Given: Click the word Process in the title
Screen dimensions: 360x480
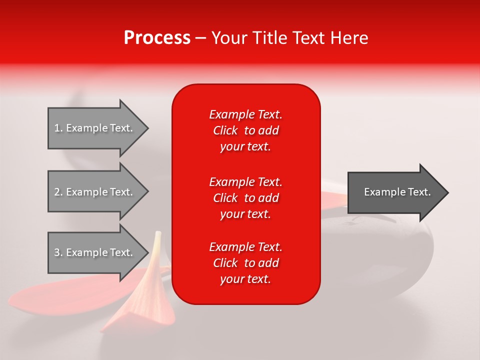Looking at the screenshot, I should tap(157, 38).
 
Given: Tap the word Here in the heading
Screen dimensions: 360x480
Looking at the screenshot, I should tap(349, 38).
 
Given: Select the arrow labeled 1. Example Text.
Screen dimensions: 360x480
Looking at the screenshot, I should tap(95, 128).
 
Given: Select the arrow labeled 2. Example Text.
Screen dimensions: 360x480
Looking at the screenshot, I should tap(95, 192).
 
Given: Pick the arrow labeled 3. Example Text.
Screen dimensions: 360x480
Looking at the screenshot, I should tap(95, 252).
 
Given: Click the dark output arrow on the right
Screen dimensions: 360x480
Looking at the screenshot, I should tap(395, 192).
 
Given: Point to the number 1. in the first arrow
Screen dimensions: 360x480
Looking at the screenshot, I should tap(58, 128).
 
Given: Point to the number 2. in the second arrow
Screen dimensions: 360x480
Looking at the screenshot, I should tap(58, 192).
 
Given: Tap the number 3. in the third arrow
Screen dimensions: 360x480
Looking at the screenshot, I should tap(58, 252).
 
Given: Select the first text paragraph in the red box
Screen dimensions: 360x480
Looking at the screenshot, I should tap(245, 130).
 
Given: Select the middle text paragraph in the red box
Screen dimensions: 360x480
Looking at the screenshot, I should tap(245, 197).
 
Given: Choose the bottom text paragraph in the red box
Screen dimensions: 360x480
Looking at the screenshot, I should tap(245, 263).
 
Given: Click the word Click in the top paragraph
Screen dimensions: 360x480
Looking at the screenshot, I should tap(225, 130).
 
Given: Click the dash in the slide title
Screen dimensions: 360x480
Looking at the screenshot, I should tap(200, 38).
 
